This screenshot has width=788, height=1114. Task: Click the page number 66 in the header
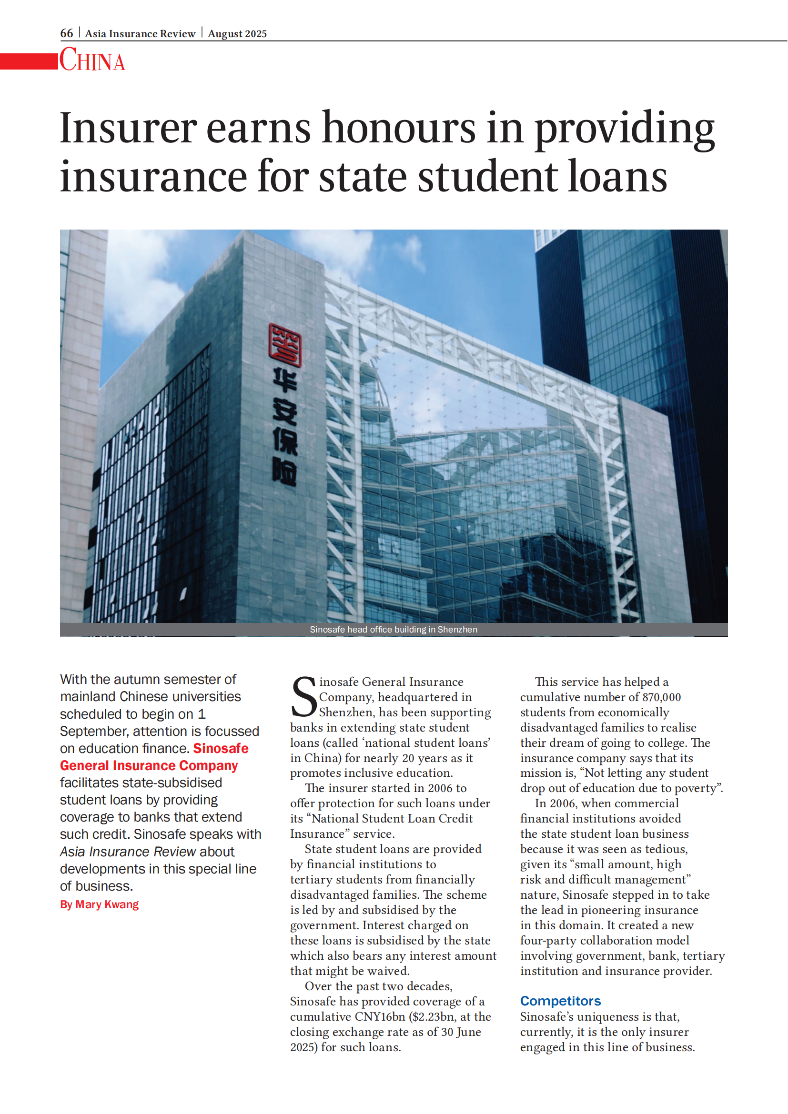tap(67, 33)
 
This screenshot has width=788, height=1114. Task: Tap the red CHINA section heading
tap(92, 60)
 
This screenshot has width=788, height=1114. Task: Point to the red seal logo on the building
tap(285, 344)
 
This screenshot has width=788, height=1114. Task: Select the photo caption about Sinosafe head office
tap(394, 629)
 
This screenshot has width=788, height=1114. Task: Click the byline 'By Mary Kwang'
tap(100, 904)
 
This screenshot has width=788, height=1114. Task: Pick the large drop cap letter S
tap(304, 696)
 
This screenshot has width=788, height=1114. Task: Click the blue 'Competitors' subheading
tap(560, 1001)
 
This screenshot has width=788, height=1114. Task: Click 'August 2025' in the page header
tap(237, 33)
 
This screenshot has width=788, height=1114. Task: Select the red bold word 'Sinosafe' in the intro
tap(221, 748)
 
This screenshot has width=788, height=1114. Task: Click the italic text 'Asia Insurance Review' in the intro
tap(128, 852)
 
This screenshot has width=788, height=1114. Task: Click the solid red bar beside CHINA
tap(29, 61)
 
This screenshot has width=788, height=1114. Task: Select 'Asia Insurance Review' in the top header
tap(140, 33)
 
